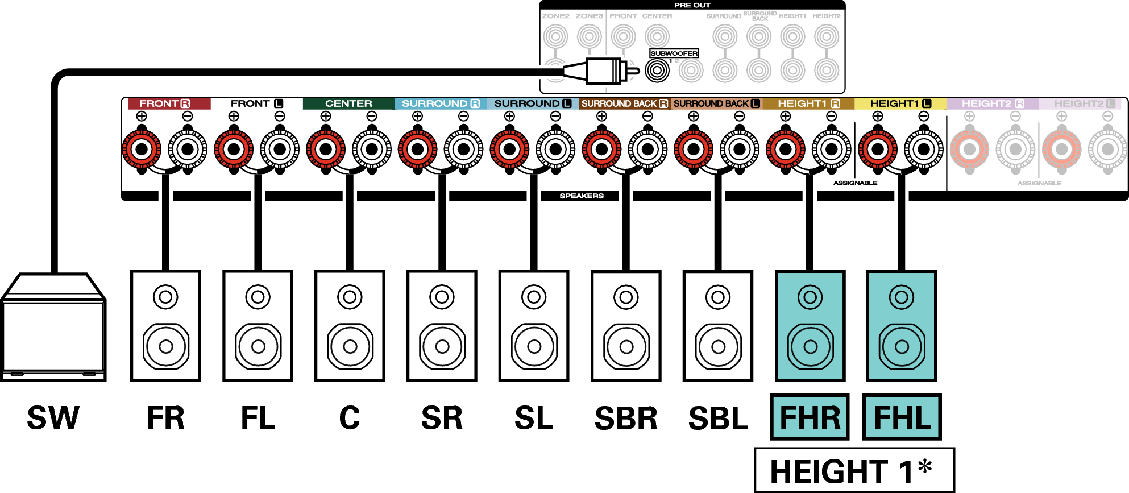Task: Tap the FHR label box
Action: tap(810, 417)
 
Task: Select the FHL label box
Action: tap(902, 417)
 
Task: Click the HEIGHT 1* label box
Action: tap(854, 470)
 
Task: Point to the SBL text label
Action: tap(718, 419)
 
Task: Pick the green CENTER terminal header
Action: tap(348, 103)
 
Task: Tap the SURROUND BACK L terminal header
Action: tap(716, 103)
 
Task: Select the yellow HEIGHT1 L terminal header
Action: tap(900, 103)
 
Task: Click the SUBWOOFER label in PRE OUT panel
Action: tap(674, 53)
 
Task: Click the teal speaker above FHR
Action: tap(810, 326)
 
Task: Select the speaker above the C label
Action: tap(350, 326)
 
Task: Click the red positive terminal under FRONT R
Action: tap(142, 150)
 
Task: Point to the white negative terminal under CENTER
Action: tap(372, 150)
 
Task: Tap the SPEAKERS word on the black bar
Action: tap(581, 196)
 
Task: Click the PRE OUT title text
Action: tap(692, 5)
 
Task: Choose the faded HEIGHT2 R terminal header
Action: tap(992, 103)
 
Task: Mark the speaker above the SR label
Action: tap(442, 326)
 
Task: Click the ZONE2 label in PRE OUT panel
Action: tap(555, 16)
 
